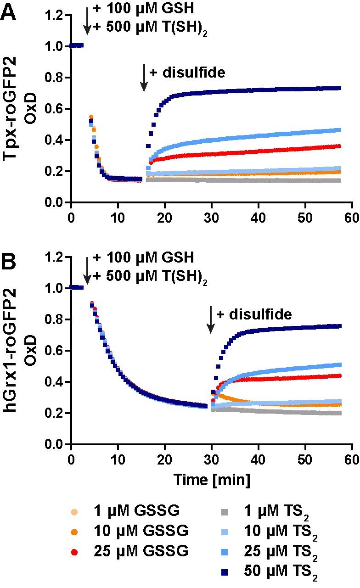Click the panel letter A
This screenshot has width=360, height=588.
tap(10, 11)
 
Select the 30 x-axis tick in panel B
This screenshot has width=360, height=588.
tap(211, 460)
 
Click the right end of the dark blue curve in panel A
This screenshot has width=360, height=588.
tap(339, 88)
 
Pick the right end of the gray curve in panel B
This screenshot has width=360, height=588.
tap(339, 413)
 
